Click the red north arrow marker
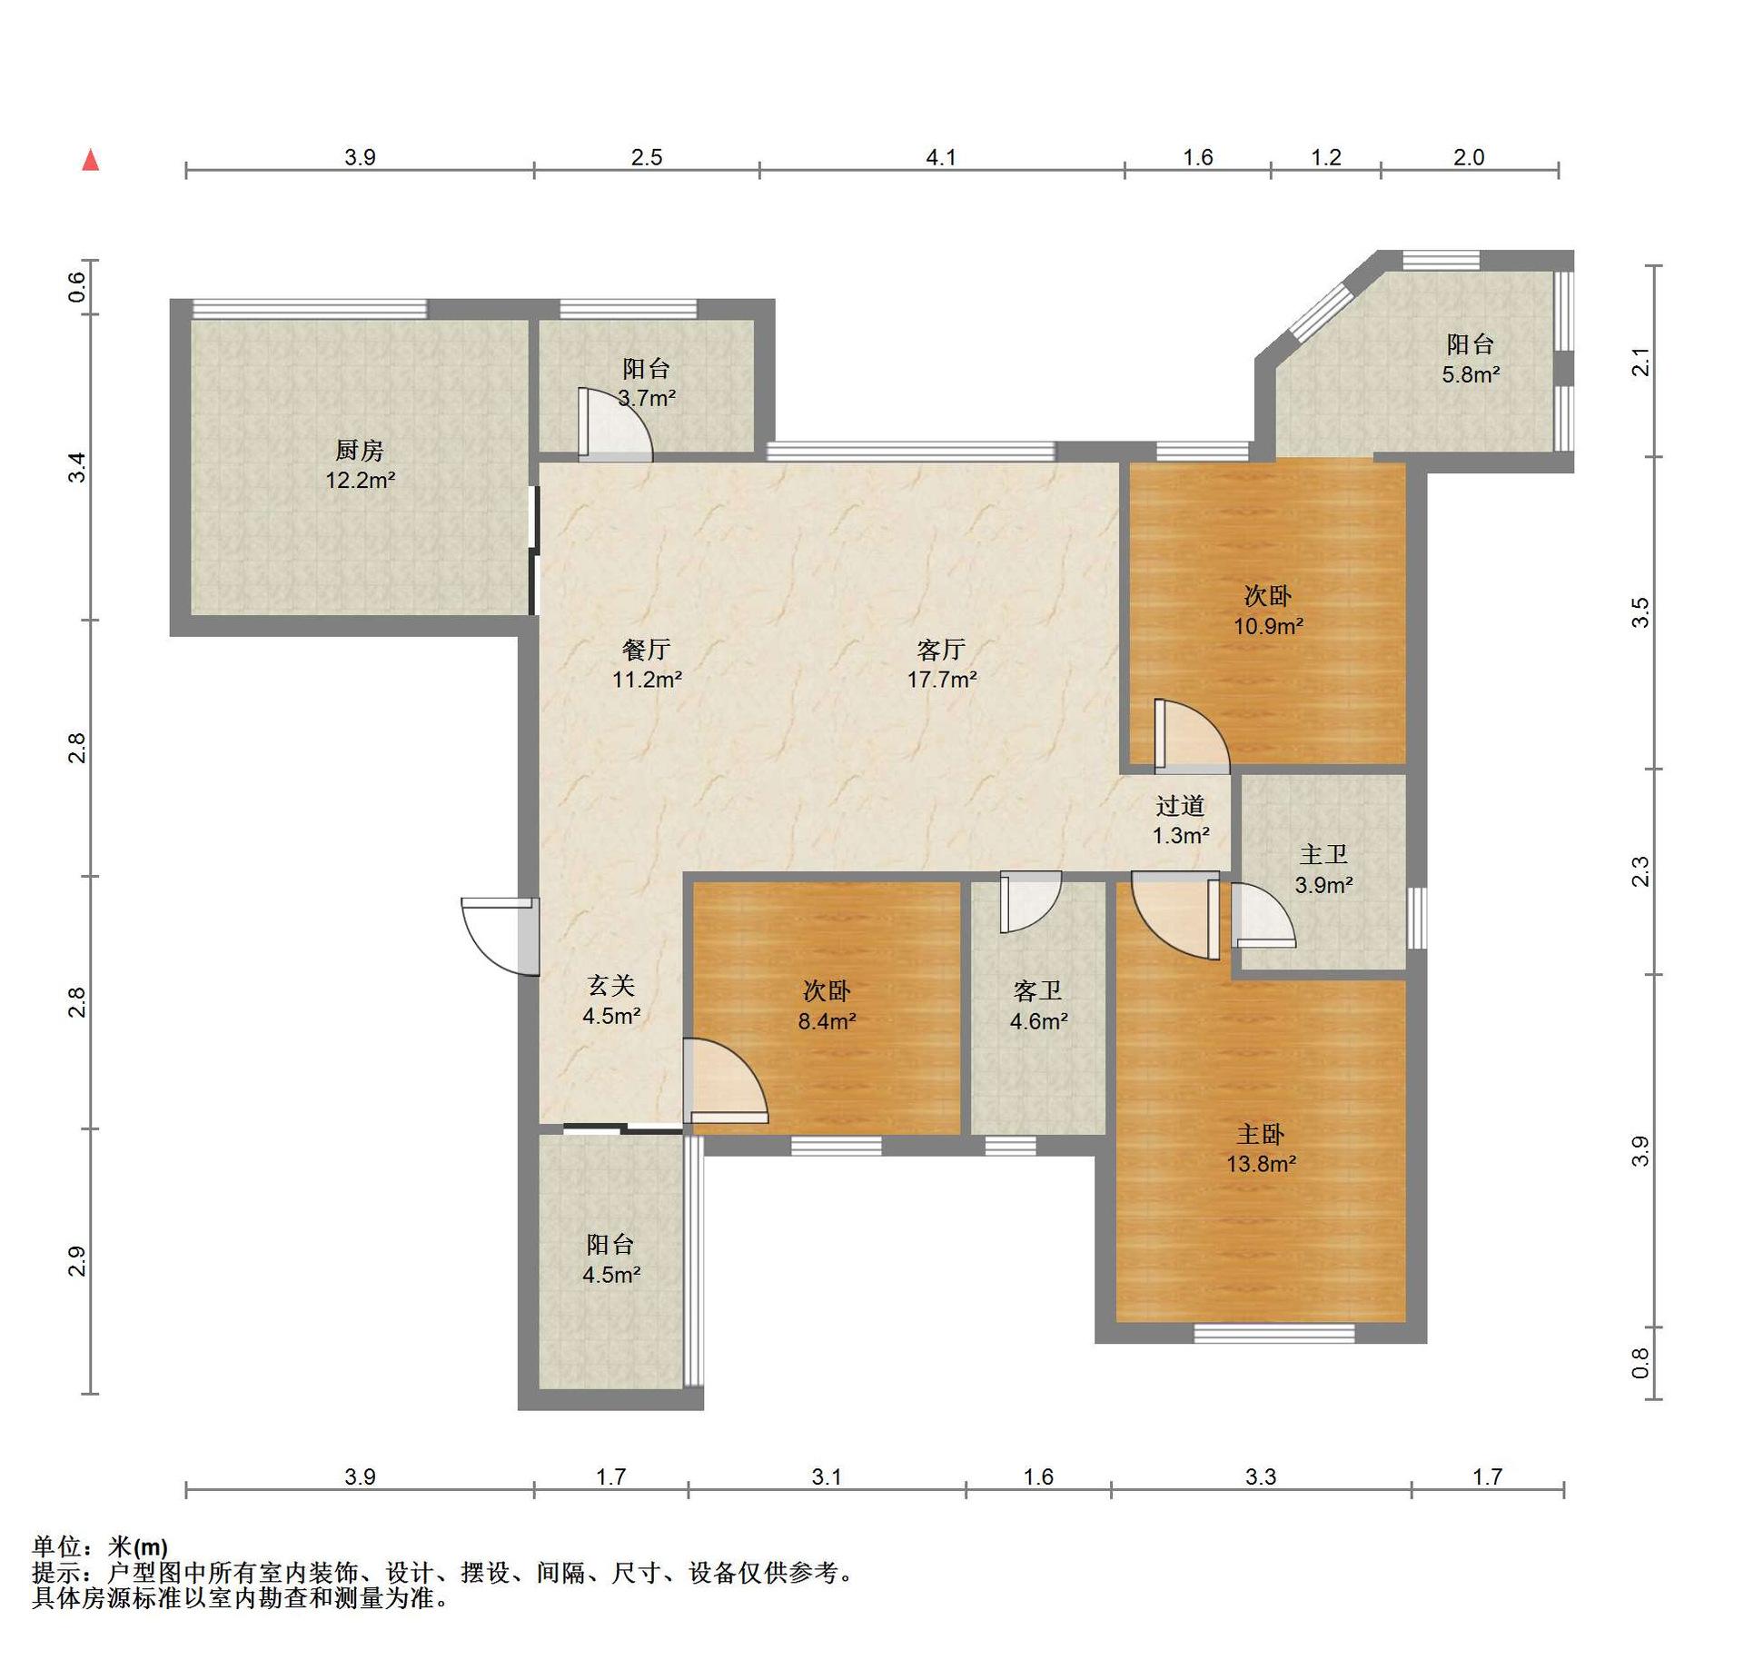point(91,160)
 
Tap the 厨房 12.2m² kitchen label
point(361,465)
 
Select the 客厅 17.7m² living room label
point(942,664)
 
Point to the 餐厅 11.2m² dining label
point(647,664)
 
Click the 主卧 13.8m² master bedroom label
point(1261,1148)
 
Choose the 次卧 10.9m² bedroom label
point(1268,611)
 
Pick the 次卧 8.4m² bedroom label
point(827,1006)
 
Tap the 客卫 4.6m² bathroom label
point(1038,1006)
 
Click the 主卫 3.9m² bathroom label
point(1323,870)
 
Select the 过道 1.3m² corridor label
point(1181,820)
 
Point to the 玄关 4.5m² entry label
point(611,1000)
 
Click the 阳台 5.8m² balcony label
point(1471,359)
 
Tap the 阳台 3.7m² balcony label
point(647,383)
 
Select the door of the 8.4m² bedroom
point(725,1081)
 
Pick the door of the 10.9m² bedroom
point(1192,737)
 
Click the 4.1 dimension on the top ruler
point(941,157)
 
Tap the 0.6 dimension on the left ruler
point(78,287)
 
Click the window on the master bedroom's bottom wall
point(1273,1333)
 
